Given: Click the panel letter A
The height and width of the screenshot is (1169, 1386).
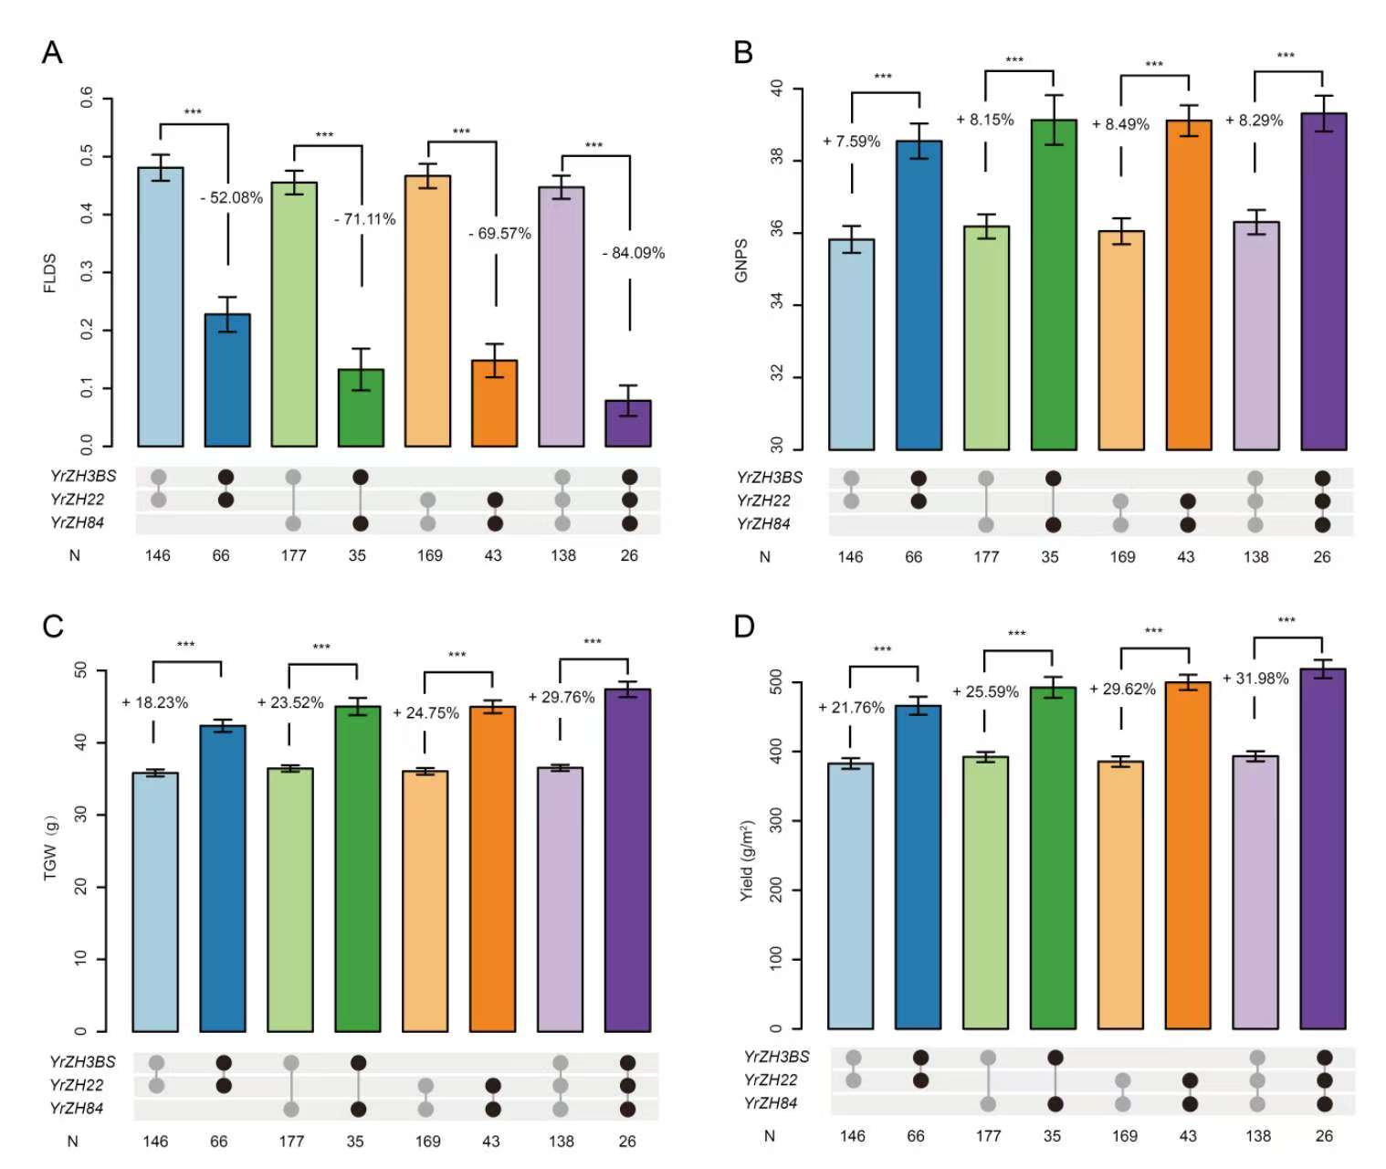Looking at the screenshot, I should (x=52, y=52).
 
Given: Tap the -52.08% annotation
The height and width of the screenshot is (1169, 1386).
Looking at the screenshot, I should (x=232, y=197).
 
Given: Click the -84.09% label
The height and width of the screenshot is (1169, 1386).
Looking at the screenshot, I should (x=634, y=253).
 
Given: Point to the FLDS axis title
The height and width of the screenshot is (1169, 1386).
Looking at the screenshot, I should (x=50, y=273).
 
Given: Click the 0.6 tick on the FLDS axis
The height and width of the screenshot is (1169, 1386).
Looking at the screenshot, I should (x=87, y=98).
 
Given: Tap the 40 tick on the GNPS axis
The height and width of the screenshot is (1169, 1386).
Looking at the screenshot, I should (x=777, y=90).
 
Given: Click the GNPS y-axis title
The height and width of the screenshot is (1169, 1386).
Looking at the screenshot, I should (x=741, y=260).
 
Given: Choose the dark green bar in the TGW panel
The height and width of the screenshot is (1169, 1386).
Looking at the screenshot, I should (x=357, y=868).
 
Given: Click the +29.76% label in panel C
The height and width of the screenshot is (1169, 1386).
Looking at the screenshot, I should (x=562, y=698).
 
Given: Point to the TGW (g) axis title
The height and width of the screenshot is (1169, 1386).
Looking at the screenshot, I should (x=50, y=848).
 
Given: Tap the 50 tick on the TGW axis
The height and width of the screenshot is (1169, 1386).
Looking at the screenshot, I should (x=81, y=671).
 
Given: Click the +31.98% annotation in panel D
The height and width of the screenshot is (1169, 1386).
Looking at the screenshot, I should (x=1255, y=679).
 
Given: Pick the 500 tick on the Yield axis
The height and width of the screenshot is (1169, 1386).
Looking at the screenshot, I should (x=777, y=682).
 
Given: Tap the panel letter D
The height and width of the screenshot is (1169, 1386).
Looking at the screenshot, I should (x=744, y=627).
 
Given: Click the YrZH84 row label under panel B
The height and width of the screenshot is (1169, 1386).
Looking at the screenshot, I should (x=763, y=524).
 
